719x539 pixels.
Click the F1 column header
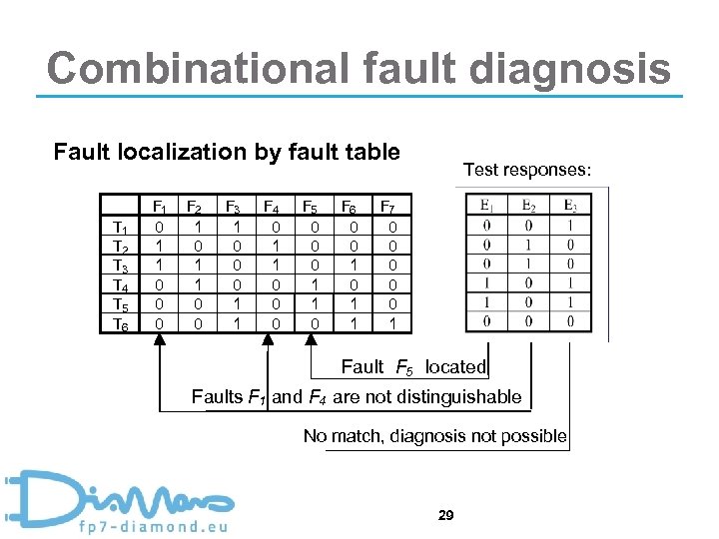click(x=159, y=208)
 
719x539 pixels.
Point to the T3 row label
click(x=120, y=267)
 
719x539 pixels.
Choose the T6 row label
click(x=120, y=324)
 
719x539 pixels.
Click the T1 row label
click(x=120, y=228)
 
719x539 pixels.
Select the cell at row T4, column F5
click(x=312, y=284)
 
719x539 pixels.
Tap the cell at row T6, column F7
click(x=391, y=323)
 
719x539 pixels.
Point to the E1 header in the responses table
click(x=486, y=207)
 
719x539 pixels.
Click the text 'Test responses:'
click(x=527, y=171)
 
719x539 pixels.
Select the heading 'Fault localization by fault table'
click(x=227, y=153)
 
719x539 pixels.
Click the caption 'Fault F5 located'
click(x=413, y=367)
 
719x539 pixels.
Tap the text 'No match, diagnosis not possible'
click(x=435, y=436)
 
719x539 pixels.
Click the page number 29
click(x=446, y=515)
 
